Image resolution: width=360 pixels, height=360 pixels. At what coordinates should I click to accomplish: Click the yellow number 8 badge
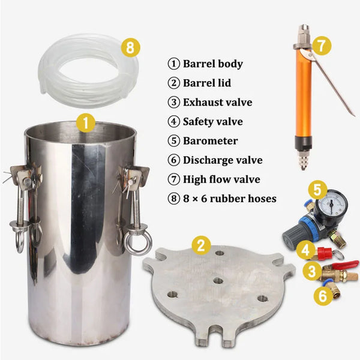tap(130, 48)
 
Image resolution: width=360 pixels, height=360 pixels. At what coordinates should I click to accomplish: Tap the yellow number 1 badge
tap(86, 122)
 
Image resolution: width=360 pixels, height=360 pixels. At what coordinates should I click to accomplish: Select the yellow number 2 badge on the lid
tap(201, 245)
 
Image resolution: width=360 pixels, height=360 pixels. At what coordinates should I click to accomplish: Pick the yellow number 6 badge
tap(323, 296)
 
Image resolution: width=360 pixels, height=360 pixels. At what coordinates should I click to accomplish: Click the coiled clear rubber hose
tap(88, 71)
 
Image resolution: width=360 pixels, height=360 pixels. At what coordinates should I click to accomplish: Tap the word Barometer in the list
tap(211, 141)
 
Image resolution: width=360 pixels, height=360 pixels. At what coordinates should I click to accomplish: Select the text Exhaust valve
tap(217, 102)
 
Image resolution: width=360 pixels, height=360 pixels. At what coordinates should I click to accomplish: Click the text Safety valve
tap(213, 121)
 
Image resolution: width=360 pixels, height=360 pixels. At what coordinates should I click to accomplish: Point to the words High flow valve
tap(221, 179)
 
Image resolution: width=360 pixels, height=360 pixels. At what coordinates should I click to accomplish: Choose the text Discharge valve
tap(223, 160)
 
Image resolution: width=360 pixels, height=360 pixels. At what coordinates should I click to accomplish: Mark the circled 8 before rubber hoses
tap(173, 199)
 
